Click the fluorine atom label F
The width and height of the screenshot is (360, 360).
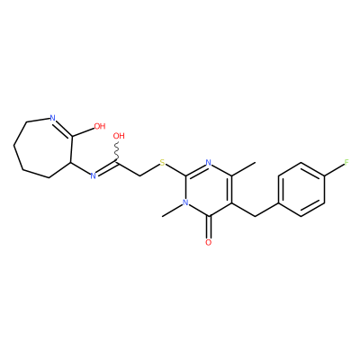click(x=346, y=163)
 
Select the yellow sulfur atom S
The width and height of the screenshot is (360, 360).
click(x=162, y=163)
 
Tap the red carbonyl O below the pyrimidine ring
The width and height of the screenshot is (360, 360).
click(x=209, y=242)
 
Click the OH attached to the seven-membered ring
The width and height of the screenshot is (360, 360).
click(x=100, y=126)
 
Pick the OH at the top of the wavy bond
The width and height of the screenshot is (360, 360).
click(x=119, y=136)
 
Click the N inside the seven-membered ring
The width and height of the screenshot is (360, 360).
click(x=53, y=118)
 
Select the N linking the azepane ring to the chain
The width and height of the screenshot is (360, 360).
click(x=93, y=176)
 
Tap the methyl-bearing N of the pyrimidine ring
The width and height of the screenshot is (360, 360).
click(x=185, y=202)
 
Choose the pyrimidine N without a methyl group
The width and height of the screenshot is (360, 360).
click(x=209, y=163)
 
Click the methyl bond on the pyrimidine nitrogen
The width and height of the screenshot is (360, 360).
click(x=172, y=211)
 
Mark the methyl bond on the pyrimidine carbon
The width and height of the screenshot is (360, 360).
click(x=244, y=170)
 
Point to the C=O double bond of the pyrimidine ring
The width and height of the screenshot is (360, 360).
click(x=209, y=227)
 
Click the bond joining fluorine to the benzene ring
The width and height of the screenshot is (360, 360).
click(x=334, y=170)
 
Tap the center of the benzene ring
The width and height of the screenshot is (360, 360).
click(x=301, y=190)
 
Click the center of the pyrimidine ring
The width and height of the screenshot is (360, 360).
click(x=209, y=190)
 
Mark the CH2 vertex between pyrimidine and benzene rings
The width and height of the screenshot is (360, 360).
click(x=256, y=216)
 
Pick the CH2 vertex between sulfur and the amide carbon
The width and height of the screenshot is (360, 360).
click(x=139, y=176)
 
